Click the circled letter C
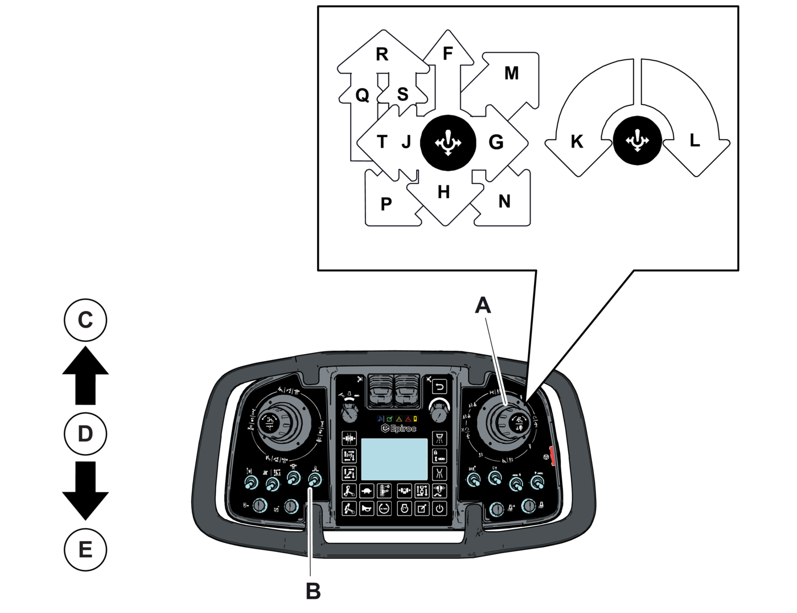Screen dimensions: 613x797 tap(85, 320)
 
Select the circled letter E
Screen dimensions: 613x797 tap(85, 550)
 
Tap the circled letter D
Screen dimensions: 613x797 tap(85, 434)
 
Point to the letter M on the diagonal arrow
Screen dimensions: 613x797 tap(511, 73)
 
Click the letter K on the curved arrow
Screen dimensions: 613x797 tap(577, 142)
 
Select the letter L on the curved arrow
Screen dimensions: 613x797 tap(695, 141)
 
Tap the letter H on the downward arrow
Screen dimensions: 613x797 tap(444, 193)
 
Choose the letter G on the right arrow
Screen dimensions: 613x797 tap(496, 142)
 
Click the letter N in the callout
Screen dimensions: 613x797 tap(504, 202)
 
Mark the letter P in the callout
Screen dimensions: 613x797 tap(386, 204)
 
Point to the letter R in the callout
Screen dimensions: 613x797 tap(382, 54)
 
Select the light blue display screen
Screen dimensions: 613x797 tap(395, 459)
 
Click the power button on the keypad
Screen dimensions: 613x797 tap(439, 508)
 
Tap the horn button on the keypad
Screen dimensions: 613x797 tap(367, 508)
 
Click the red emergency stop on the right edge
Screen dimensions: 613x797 tap(550, 455)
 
